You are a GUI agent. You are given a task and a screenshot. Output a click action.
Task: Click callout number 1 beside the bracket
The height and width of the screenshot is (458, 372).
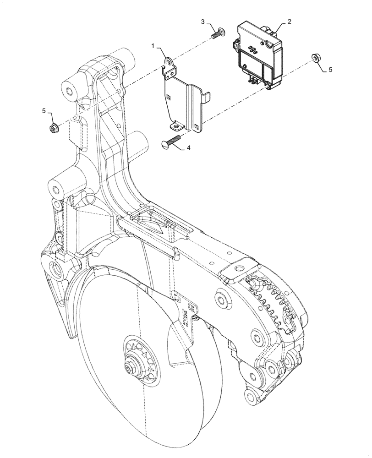tap(154, 46)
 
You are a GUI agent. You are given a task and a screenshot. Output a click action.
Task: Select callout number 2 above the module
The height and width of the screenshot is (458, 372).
tap(289, 21)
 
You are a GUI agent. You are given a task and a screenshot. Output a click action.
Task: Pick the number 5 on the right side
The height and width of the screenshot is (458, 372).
tap(330, 70)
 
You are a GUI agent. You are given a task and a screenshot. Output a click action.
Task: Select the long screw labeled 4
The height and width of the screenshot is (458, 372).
tap(172, 141)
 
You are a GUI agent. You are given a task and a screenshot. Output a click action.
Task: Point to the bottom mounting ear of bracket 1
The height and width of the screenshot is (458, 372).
tap(176, 124)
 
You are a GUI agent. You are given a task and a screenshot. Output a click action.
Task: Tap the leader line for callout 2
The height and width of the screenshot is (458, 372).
tap(280, 26)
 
